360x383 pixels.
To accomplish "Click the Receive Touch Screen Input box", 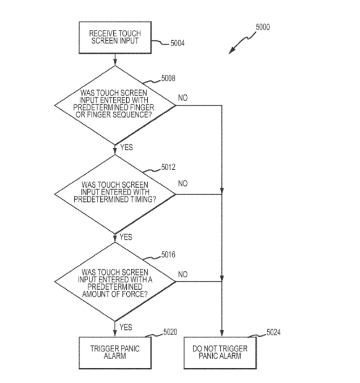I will coord(115,38).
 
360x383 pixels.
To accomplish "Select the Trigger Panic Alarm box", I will coord(115,352).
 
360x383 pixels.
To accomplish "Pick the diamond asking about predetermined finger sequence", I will coord(115,105).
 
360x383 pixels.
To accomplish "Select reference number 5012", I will coord(168,167).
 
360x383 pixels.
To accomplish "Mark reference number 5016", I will coord(168,255).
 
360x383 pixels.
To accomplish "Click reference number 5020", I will coord(170,332).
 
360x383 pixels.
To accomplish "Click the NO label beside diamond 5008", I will coord(183,98).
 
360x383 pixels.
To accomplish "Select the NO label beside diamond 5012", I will coord(183,184).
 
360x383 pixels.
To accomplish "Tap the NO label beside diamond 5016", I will coord(183,274).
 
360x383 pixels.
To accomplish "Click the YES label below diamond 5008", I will coord(126,148).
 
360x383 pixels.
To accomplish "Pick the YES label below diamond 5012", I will coord(126,237).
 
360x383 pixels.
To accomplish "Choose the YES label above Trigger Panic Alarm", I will coord(126,327).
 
